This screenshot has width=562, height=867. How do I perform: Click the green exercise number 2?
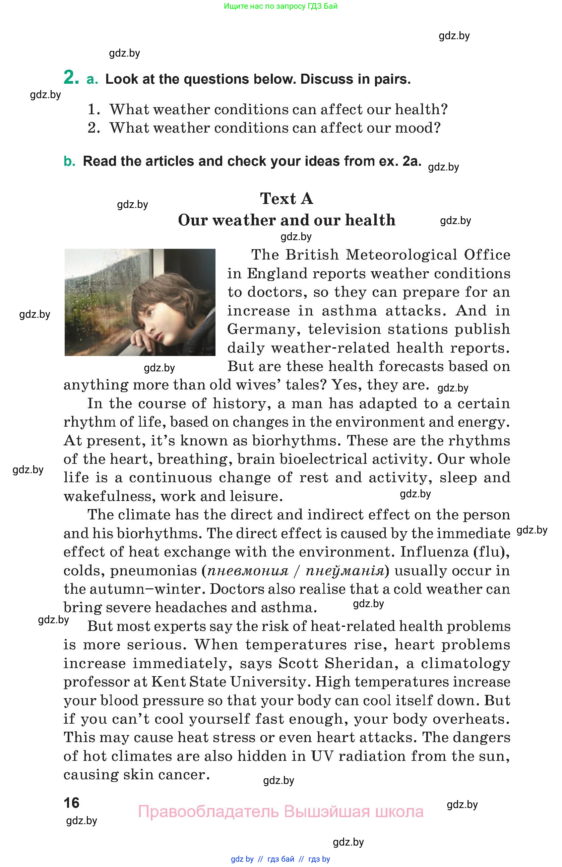(x=71, y=78)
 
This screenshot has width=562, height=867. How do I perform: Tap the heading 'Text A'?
(x=287, y=199)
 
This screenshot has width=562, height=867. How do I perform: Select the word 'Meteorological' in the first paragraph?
(x=401, y=255)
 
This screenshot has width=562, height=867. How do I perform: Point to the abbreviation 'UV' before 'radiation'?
(x=322, y=756)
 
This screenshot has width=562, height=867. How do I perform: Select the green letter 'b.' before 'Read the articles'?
(x=69, y=161)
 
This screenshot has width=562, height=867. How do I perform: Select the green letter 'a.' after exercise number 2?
(x=92, y=79)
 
